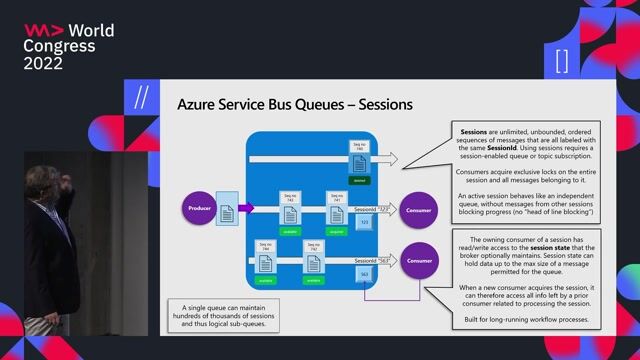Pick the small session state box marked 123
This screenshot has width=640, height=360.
point(365,221)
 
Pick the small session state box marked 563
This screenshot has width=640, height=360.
point(365,272)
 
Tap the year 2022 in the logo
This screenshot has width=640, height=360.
point(44,63)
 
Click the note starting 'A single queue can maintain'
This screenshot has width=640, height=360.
point(222,309)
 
